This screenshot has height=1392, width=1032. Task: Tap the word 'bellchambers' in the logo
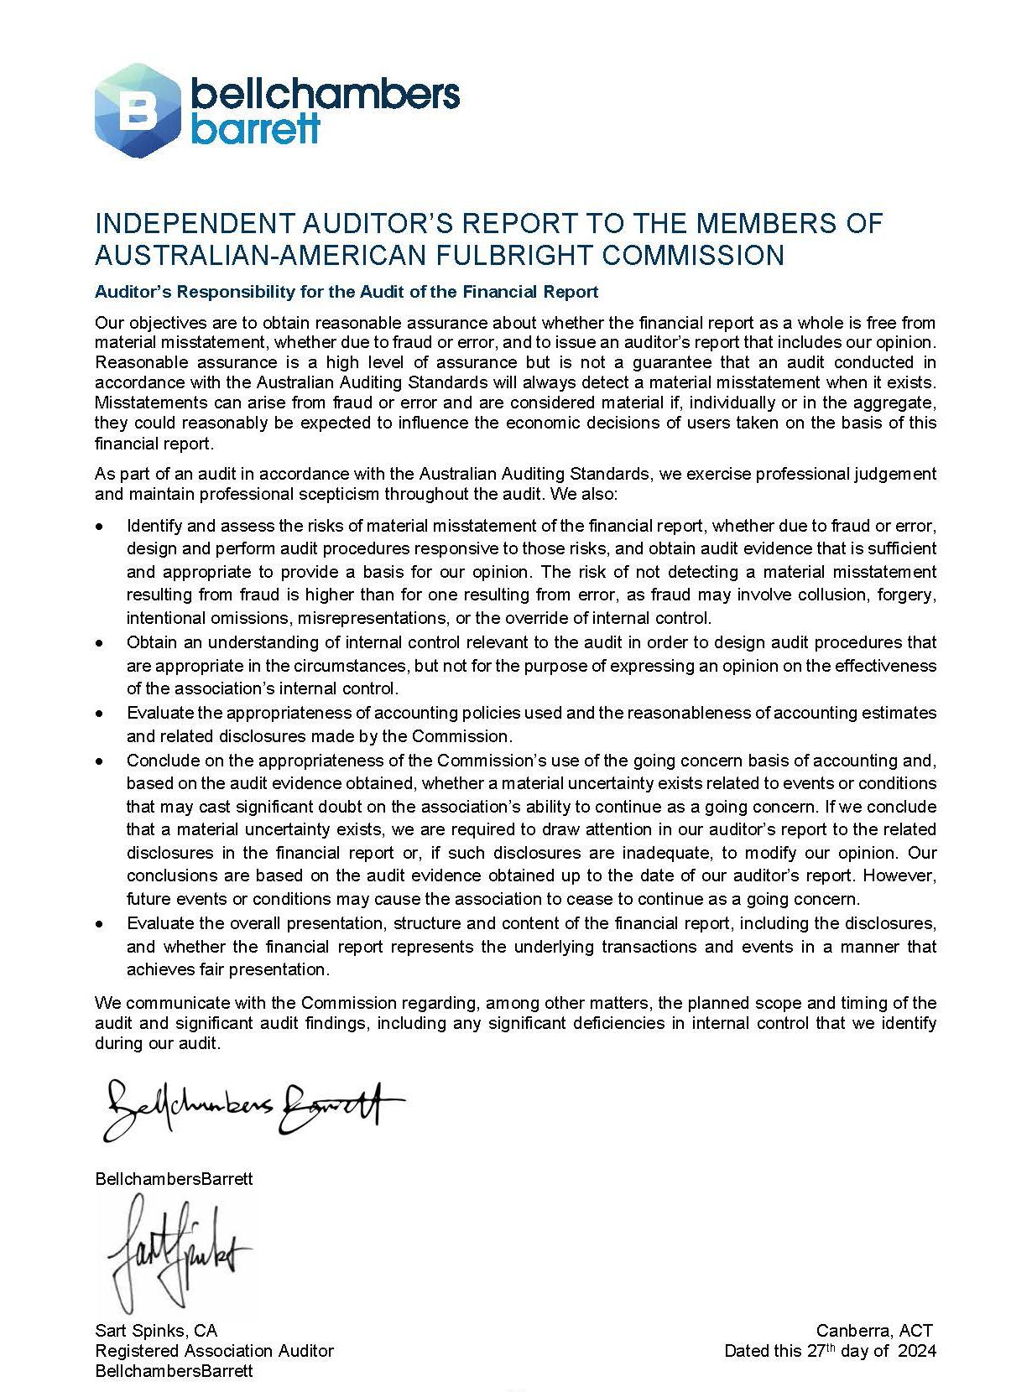pos(326,95)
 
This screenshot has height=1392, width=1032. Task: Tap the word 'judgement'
pos(896,474)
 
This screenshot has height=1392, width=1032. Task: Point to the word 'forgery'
pos(907,595)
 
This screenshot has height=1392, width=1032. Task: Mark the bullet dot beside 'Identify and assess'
pos(101,527)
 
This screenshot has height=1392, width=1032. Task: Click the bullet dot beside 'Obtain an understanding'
pos(101,643)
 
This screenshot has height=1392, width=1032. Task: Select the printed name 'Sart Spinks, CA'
pos(156,1331)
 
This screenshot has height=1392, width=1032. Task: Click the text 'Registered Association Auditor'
pos(215,1351)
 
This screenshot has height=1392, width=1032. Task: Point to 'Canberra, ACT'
pos(873,1331)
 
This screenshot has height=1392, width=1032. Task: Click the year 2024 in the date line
pos(917,1351)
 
